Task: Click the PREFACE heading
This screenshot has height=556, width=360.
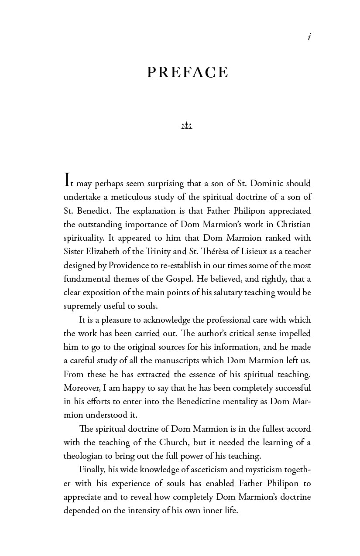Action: pos(188,72)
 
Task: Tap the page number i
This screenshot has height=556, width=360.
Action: pos(309,37)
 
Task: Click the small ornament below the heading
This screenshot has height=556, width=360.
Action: pos(186,126)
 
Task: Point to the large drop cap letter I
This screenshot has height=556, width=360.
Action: pos(67,180)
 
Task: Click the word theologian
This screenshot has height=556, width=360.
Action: pos(84,456)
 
